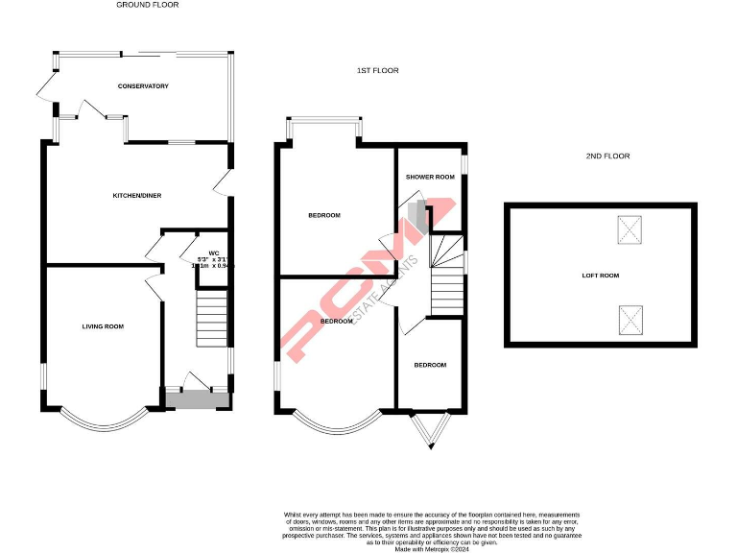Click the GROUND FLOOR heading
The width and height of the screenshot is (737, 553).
(x=147, y=5)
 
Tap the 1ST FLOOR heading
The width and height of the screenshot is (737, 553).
(x=377, y=70)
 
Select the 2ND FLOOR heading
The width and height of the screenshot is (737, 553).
(x=607, y=156)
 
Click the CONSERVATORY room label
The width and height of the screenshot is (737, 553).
(x=143, y=86)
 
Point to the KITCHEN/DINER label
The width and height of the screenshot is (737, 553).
(x=137, y=195)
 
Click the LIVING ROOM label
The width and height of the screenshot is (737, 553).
(x=103, y=326)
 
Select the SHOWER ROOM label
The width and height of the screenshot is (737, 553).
(x=429, y=177)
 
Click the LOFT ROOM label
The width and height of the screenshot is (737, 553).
(x=601, y=276)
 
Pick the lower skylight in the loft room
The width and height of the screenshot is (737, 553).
(x=630, y=318)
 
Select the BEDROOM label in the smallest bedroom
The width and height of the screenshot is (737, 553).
(x=430, y=365)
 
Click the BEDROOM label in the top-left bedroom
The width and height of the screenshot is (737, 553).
(x=323, y=215)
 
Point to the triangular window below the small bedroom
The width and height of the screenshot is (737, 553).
(x=429, y=431)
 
